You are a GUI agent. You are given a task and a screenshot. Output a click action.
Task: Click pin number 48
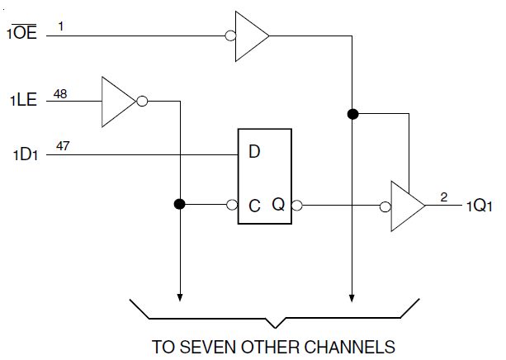click(x=60, y=94)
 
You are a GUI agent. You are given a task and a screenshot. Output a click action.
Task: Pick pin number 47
click(x=61, y=147)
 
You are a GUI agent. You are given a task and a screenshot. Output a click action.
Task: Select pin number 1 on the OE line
click(x=60, y=26)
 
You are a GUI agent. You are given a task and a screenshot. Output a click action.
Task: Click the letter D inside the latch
click(x=255, y=152)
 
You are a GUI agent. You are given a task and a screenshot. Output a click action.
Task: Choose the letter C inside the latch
click(x=255, y=205)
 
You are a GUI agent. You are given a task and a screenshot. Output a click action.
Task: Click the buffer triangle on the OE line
click(x=251, y=36)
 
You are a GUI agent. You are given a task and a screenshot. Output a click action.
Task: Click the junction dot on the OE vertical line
click(x=352, y=114)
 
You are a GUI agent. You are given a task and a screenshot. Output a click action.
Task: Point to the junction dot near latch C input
click(x=178, y=204)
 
